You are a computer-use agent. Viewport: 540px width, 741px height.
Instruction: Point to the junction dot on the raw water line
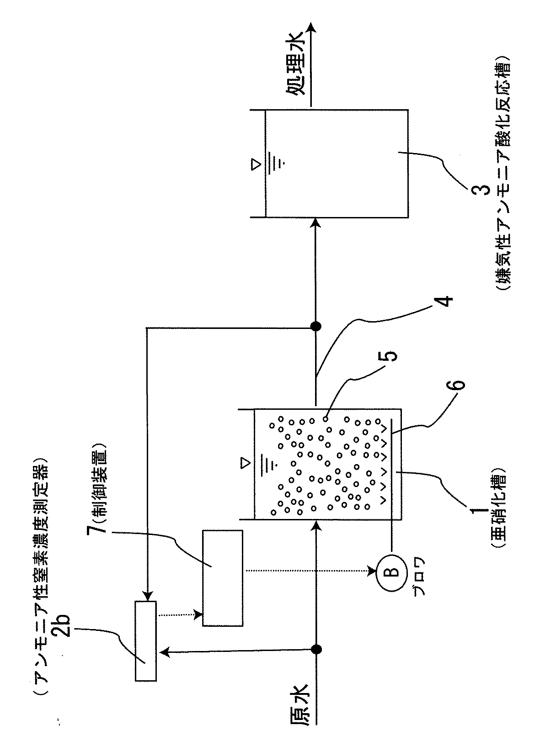315,649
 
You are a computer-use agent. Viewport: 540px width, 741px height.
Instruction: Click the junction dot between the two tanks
315,326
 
